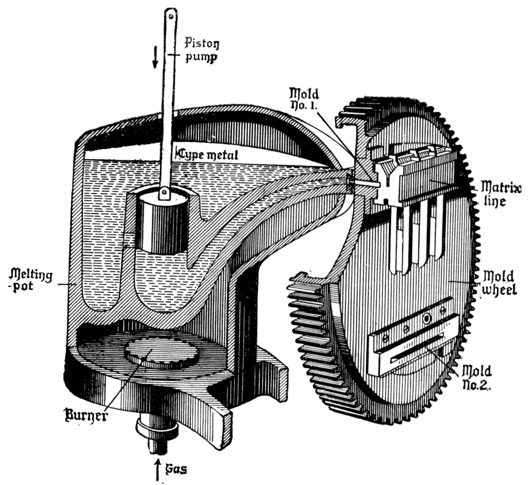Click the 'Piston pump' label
click(x=201, y=51)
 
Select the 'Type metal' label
click(x=208, y=154)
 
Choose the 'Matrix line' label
click(x=501, y=194)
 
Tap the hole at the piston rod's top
click(x=171, y=16)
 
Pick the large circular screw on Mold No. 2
click(x=427, y=318)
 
